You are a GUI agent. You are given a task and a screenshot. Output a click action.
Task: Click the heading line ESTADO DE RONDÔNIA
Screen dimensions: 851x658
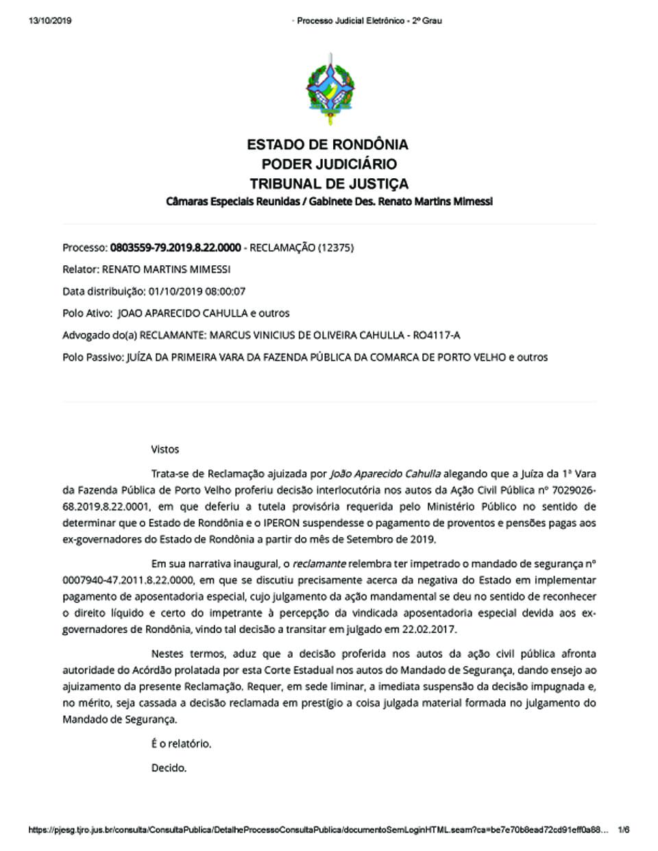click(328, 145)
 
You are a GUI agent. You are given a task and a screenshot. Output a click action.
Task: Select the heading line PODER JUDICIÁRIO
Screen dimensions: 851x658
click(329, 164)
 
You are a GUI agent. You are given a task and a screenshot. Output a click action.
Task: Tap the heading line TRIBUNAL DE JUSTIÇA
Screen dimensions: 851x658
click(329, 184)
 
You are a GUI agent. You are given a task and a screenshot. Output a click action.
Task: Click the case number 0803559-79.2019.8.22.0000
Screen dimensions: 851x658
click(175, 247)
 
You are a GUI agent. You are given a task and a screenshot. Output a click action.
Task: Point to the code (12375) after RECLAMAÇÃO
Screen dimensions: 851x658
click(336, 247)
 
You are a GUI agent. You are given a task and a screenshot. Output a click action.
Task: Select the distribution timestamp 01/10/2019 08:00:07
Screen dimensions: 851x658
click(197, 291)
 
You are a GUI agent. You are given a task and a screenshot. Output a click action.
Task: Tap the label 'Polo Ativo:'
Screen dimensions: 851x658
click(87, 313)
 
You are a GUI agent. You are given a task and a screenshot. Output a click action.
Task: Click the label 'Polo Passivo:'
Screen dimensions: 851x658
click(93, 357)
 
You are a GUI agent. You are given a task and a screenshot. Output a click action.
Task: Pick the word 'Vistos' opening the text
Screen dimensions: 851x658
click(165, 449)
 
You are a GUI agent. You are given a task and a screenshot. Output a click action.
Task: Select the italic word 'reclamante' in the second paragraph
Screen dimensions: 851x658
click(319, 564)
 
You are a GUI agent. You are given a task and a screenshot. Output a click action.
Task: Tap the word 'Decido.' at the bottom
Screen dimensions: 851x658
click(169, 768)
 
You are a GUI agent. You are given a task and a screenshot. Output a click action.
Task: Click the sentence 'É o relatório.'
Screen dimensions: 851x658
click(181, 743)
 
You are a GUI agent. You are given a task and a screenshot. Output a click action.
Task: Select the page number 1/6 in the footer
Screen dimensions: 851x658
click(623, 830)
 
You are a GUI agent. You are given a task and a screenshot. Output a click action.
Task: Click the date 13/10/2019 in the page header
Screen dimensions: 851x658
click(50, 21)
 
